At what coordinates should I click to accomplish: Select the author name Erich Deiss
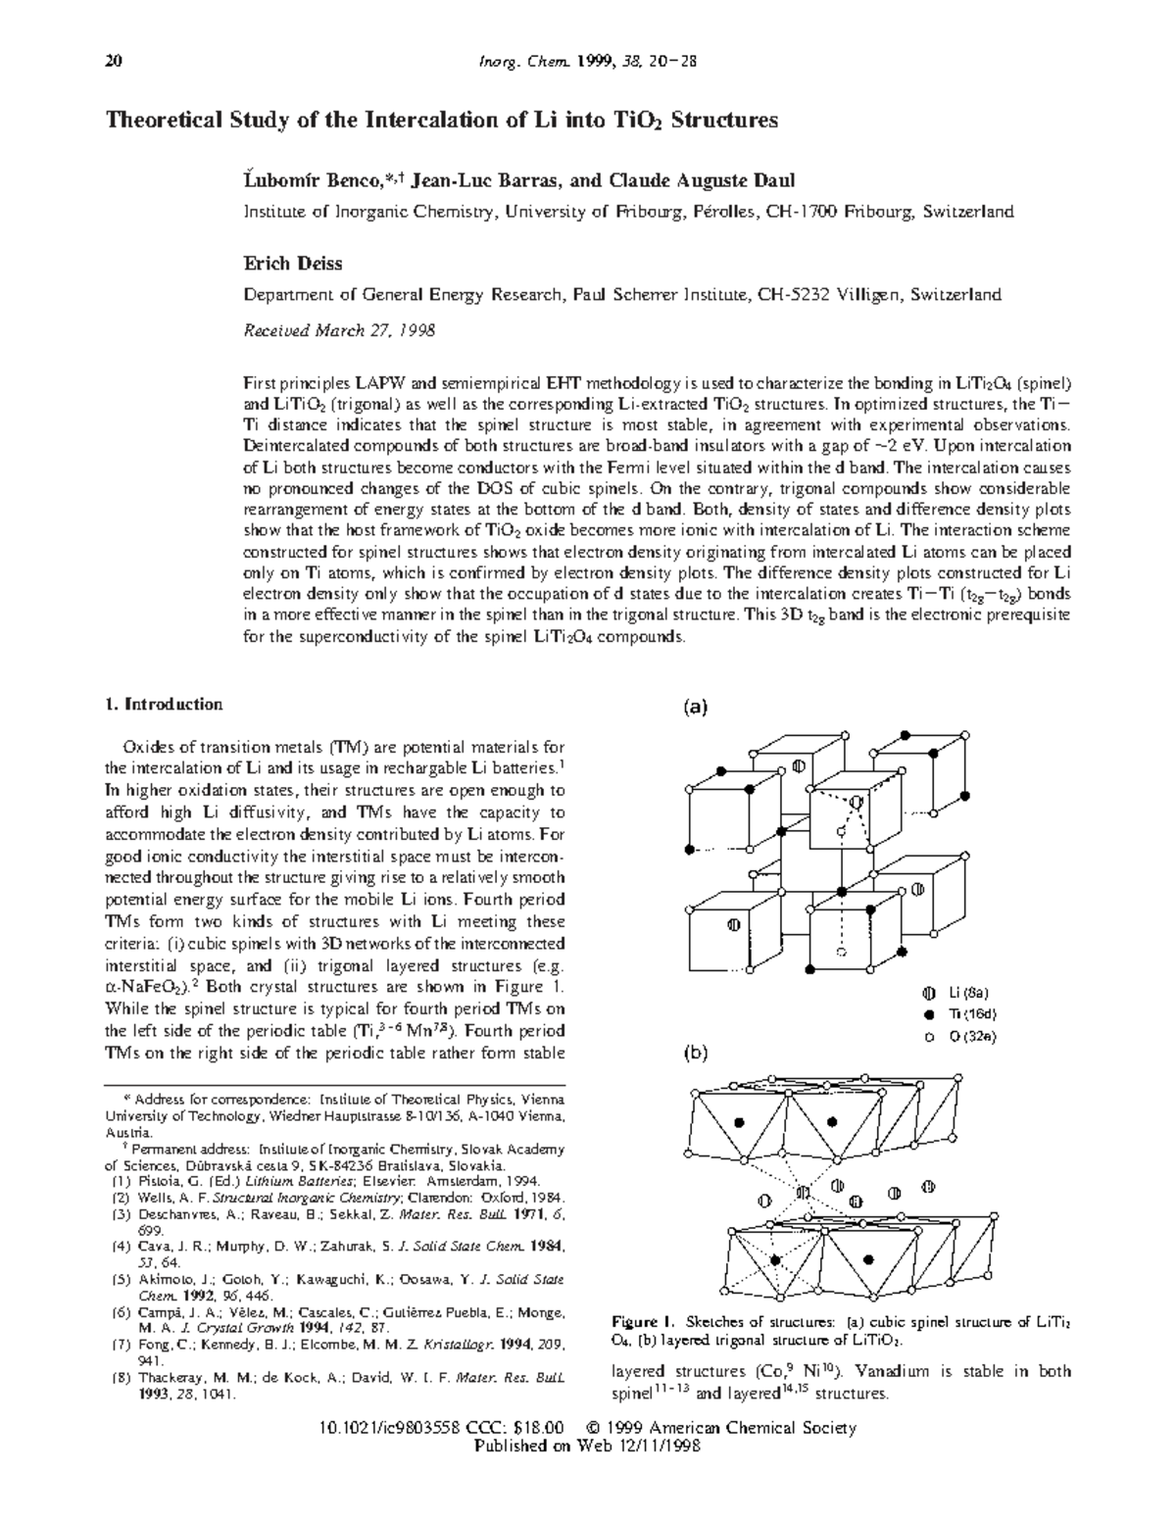tap(292, 264)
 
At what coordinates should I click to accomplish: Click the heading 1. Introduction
tap(164, 705)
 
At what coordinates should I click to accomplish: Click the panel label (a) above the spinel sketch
tap(695, 706)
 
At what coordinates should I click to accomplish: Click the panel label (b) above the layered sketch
tap(695, 1054)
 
